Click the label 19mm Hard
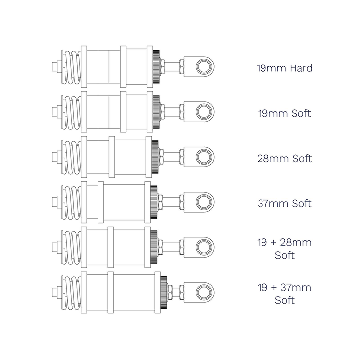[284, 68]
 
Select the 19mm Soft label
[284, 113]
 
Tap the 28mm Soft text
[284, 159]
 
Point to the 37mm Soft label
[284, 203]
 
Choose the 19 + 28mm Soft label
[284, 249]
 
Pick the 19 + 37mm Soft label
[284, 294]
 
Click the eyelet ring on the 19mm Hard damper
[197, 66]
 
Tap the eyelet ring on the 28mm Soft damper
[197, 157]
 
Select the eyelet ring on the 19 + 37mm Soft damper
[197, 292]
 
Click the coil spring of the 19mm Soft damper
[72, 112]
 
